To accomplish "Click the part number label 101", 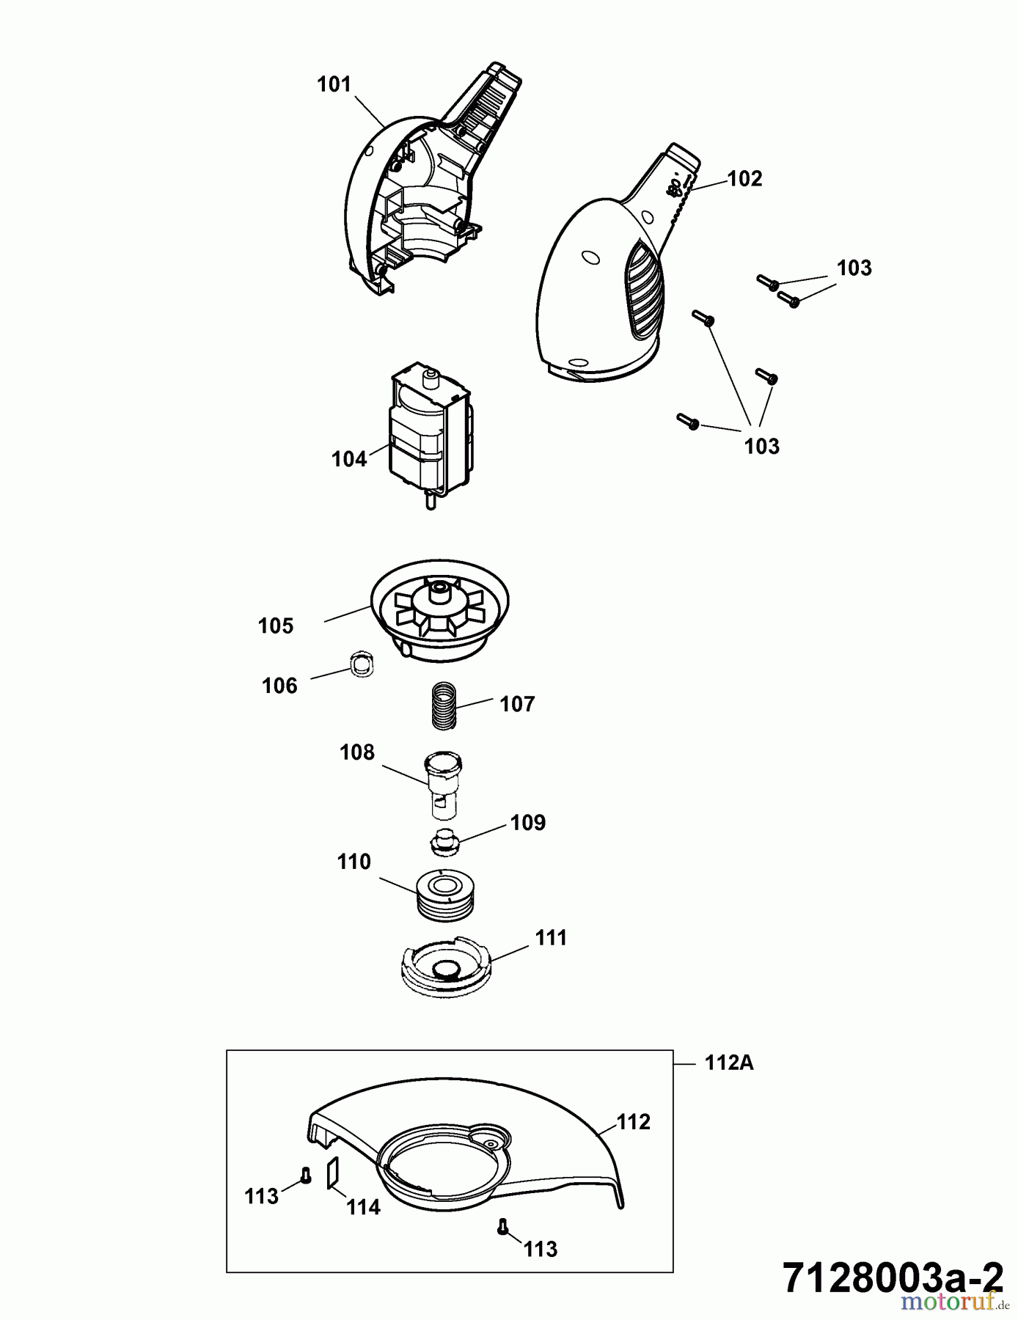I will coord(334,85).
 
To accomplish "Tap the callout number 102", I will coord(744,179).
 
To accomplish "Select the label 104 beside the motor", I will coord(348,459).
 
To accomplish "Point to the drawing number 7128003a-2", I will coord(892,1279).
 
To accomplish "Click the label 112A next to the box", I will coord(728,1063).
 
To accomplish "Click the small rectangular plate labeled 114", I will coord(332,1172).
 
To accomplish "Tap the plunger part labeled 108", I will coord(444,785).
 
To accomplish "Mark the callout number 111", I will coord(550,938).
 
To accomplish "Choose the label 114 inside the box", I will coord(363,1207).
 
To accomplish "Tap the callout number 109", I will coord(528,823).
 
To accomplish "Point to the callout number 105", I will coord(276,626).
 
